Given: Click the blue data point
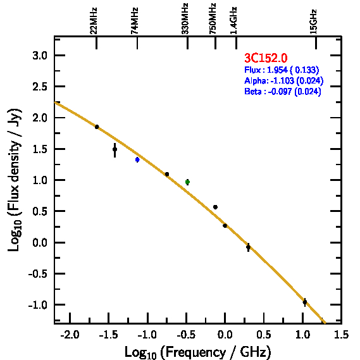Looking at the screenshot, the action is (x=137, y=159).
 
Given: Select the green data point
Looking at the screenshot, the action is (x=187, y=182).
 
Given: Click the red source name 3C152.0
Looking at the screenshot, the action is (x=266, y=58).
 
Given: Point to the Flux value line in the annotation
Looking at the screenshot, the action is (x=282, y=70).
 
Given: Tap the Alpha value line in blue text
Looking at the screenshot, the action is (x=284, y=80).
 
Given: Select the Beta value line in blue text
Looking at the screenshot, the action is (x=282, y=91).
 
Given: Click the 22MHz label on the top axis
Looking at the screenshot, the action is (x=94, y=21).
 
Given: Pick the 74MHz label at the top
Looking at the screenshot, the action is (x=135, y=21).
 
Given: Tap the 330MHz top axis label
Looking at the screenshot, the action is (x=185, y=18).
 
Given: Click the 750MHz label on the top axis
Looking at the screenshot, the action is (x=213, y=18).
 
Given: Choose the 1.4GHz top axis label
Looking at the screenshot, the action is (x=233, y=20).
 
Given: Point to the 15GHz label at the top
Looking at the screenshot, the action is (x=313, y=22).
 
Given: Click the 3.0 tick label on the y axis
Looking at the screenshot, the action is (x=40, y=56).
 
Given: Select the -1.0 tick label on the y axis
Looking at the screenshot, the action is (x=38, y=305).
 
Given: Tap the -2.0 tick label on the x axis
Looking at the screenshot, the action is (x=70, y=335).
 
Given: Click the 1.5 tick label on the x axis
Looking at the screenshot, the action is (x=342, y=335).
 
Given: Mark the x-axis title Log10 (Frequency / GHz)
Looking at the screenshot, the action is (x=198, y=352).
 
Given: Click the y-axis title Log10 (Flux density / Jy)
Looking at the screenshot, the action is (x=15, y=180).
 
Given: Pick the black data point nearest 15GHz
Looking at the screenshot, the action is (x=305, y=302).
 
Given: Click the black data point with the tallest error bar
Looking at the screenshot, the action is (x=115, y=149).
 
